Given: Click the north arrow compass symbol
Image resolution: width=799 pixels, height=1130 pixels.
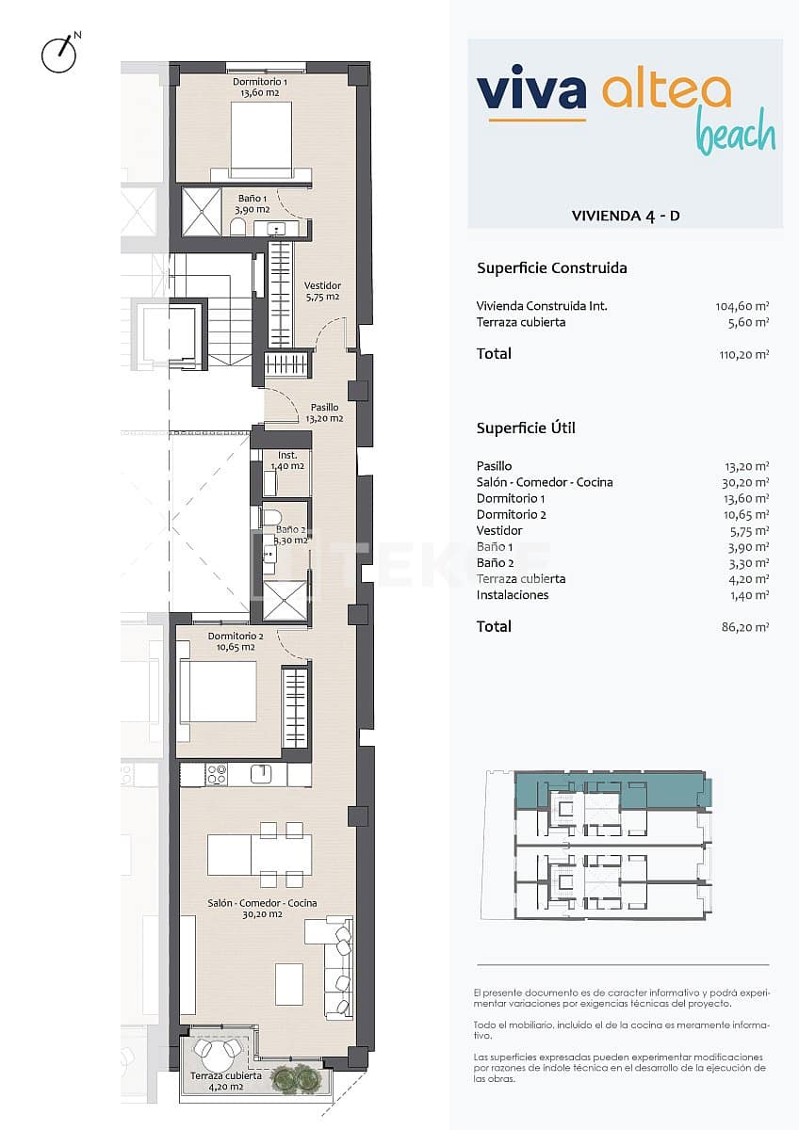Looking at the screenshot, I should [x=58, y=54].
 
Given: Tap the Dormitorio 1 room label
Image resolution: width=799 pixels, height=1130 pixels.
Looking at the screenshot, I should [x=261, y=88].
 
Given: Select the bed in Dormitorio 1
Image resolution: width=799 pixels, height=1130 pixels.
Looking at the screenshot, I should [x=261, y=139].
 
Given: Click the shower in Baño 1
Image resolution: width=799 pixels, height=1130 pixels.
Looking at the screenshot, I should [x=200, y=213].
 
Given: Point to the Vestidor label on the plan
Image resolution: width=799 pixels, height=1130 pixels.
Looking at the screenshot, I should [x=322, y=290].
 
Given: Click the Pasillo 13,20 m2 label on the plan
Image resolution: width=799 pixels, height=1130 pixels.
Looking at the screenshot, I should [x=324, y=412].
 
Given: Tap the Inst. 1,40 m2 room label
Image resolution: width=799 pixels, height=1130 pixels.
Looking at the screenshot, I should [x=286, y=460].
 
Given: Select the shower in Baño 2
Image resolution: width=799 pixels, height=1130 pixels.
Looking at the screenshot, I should [x=285, y=600].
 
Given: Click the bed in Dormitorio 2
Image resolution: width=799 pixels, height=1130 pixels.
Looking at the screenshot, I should [x=218, y=691].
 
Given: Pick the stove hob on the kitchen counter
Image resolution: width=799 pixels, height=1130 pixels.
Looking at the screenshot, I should [x=217, y=774].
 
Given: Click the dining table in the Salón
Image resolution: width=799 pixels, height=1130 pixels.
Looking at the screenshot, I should [x=259, y=854].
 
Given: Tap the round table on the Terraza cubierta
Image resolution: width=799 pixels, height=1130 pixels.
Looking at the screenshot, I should [x=218, y=1051].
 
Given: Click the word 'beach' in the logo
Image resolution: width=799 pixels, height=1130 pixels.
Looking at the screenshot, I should [x=735, y=134].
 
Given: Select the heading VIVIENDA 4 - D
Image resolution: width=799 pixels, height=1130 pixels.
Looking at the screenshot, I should [x=626, y=216].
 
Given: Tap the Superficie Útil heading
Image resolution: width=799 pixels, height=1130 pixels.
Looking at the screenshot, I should [x=526, y=428].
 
